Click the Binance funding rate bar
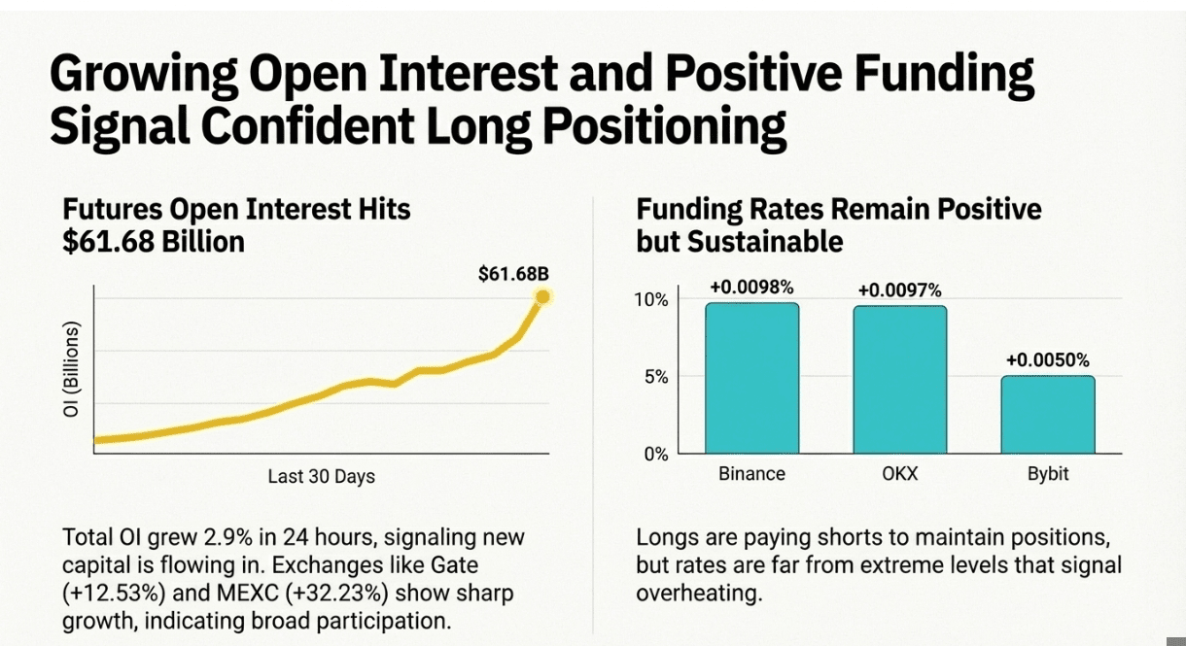pyautogui.click(x=751, y=378)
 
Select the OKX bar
pyautogui.click(x=900, y=380)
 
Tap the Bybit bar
pyautogui.click(x=1047, y=415)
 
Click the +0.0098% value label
pyautogui.click(x=751, y=288)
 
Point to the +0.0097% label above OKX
pyautogui.click(x=899, y=290)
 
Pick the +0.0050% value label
pyautogui.click(x=1048, y=360)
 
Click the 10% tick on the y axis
pyautogui.click(x=652, y=299)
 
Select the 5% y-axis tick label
pyautogui.click(x=656, y=376)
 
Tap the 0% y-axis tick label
pyautogui.click(x=656, y=454)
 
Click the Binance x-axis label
pyautogui.click(x=751, y=474)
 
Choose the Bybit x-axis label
pyautogui.click(x=1048, y=474)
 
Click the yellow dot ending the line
pyautogui.click(x=542, y=297)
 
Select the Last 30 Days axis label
pyautogui.click(x=321, y=477)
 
